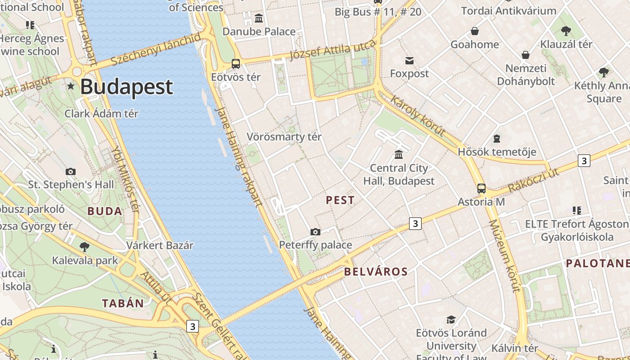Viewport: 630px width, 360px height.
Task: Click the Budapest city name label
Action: click(126, 87)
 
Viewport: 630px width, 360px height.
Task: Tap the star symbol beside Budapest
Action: click(71, 86)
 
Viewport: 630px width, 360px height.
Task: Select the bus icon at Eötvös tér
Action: click(236, 64)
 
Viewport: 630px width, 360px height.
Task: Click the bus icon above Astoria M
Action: click(481, 189)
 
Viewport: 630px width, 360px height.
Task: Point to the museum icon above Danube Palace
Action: click(259, 18)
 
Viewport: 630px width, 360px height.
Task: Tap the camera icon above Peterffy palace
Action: click(315, 232)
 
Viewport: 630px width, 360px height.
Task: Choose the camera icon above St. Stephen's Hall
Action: click(71, 171)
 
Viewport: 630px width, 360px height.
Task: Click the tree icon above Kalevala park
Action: click(84, 247)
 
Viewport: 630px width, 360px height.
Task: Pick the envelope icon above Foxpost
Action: click(409, 60)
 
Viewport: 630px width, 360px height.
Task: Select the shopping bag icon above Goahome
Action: click(474, 31)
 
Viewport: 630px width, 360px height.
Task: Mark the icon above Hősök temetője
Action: click(497, 139)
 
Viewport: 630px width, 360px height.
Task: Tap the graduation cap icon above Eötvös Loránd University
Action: click(451, 319)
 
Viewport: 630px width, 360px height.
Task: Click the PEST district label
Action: click(340, 200)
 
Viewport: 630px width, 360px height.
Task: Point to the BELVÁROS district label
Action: click(376, 272)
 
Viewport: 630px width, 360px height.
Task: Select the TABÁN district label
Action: click(123, 303)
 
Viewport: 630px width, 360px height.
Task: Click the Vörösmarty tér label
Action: click(284, 137)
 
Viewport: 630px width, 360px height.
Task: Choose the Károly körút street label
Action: click(418, 116)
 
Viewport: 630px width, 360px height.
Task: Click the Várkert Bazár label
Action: click(160, 245)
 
